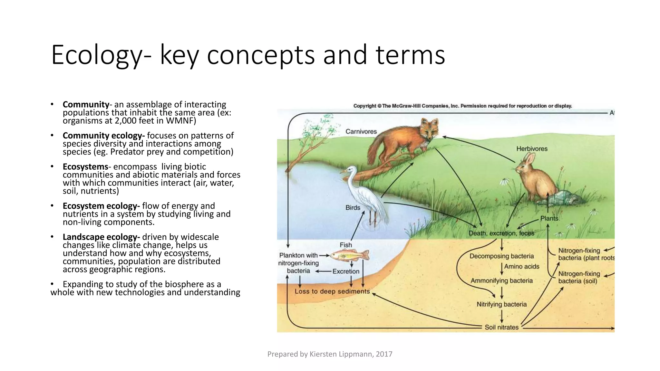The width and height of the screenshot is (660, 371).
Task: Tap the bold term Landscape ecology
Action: [101, 237]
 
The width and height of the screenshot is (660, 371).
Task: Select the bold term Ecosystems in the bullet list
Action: [85, 167]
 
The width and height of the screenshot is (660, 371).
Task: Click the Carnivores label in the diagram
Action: [361, 131]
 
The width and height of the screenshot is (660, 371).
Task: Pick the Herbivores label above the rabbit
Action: [532, 149]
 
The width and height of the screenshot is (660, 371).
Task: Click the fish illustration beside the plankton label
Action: [350, 255]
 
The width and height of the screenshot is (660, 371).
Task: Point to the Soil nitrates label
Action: [501, 327]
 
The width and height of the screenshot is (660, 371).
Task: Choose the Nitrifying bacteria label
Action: [501, 304]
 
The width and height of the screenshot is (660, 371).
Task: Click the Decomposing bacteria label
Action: [501, 256]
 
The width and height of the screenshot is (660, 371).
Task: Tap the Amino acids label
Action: [521, 267]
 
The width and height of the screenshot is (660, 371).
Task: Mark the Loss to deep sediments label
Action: [332, 291]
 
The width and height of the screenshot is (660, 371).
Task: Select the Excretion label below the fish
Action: [346, 271]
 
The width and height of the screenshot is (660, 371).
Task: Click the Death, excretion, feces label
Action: [501, 233]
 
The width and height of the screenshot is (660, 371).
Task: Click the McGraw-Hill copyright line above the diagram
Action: [462, 106]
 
